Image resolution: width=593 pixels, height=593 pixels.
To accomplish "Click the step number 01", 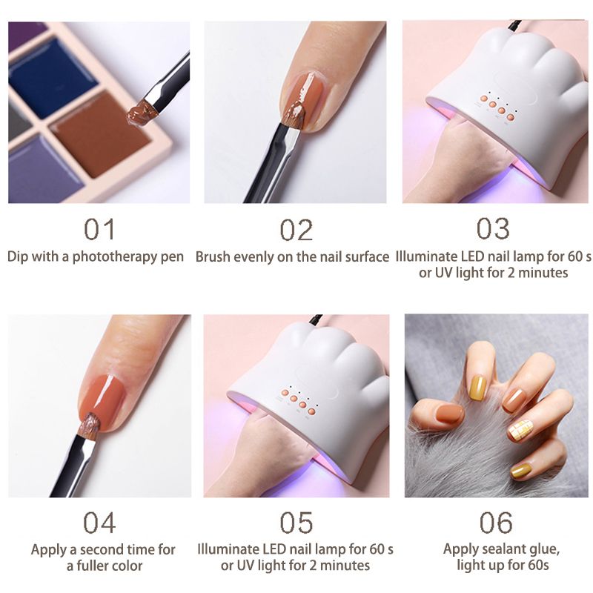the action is (99, 229).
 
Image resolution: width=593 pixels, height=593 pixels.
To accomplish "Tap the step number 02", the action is (296, 230).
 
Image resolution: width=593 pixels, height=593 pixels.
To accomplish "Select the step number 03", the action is (493, 228).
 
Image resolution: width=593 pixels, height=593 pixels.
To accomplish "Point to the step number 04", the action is (99, 523).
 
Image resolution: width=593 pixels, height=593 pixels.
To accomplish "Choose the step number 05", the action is (296, 523).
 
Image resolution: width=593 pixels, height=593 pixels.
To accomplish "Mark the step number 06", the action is (496, 523).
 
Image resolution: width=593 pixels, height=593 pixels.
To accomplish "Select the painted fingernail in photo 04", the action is (102, 397).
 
